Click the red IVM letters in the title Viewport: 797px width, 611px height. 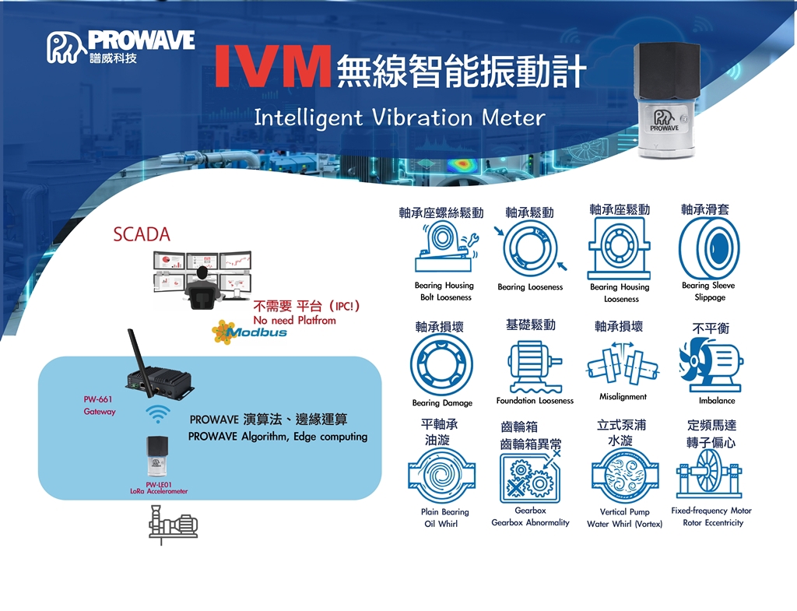(273, 66)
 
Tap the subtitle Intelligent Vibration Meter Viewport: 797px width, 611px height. (399, 118)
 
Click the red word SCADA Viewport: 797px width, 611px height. (142, 234)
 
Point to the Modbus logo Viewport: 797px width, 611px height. (250, 332)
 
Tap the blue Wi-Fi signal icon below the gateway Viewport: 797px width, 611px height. (158, 414)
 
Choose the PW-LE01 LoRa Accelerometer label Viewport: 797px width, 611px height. (159, 488)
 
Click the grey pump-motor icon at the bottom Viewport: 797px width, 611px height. (173, 524)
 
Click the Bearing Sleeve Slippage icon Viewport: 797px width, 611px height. (709, 248)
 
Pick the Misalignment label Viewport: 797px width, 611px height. (623, 396)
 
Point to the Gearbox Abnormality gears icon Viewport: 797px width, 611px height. (529, 477)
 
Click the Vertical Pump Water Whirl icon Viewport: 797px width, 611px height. (625, 476)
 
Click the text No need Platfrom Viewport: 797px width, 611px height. (294, 320)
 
